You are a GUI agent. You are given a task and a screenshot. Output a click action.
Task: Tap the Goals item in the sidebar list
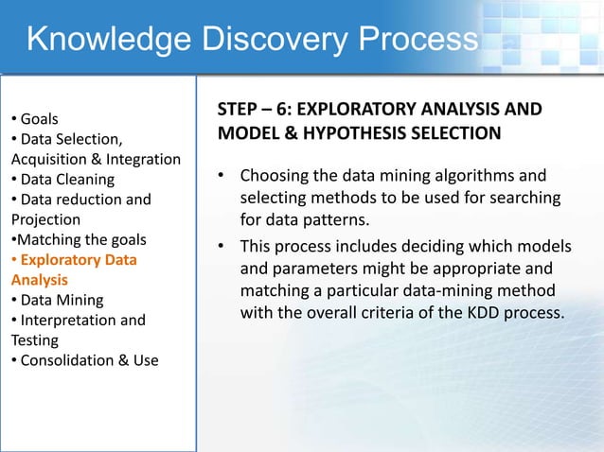pos(38,119)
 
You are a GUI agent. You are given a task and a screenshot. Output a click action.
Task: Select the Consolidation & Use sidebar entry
pos(84,360)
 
